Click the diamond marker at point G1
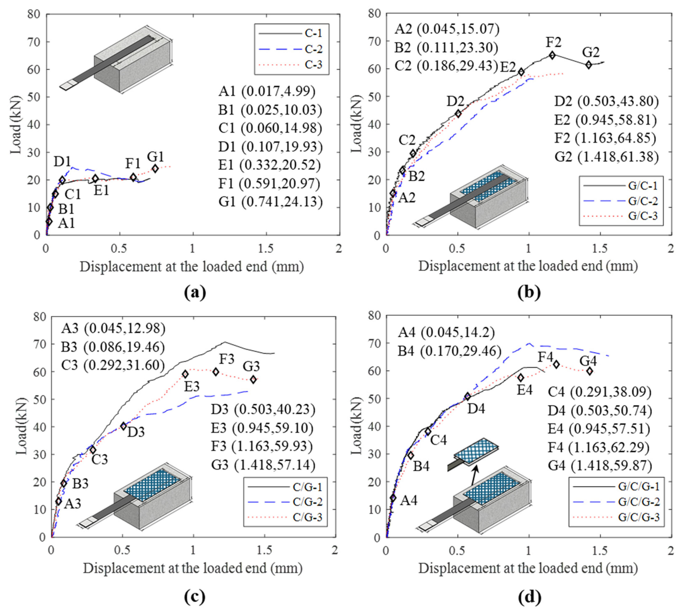click(x=155, y=169)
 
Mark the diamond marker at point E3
click(x=185, y=374)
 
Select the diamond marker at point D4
click(x=468, y=396)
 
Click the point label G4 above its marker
click(x=588, y=361)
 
